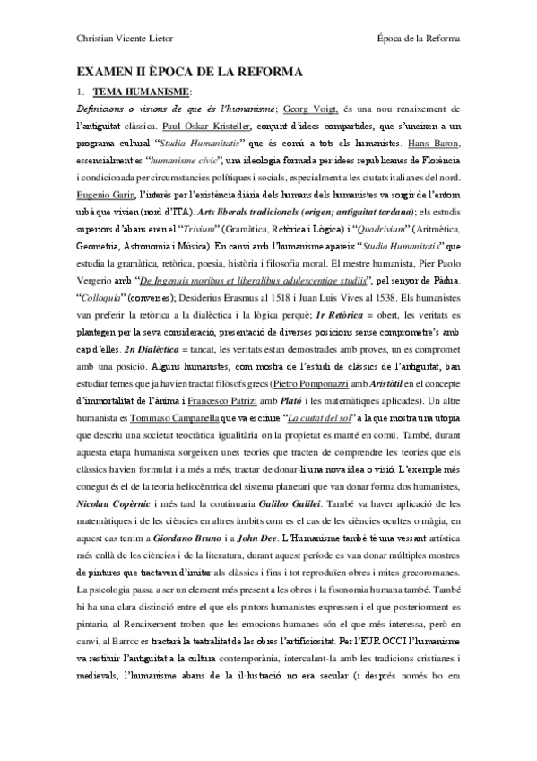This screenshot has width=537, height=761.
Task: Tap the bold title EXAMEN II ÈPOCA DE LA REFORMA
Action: [x=189, y=72]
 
